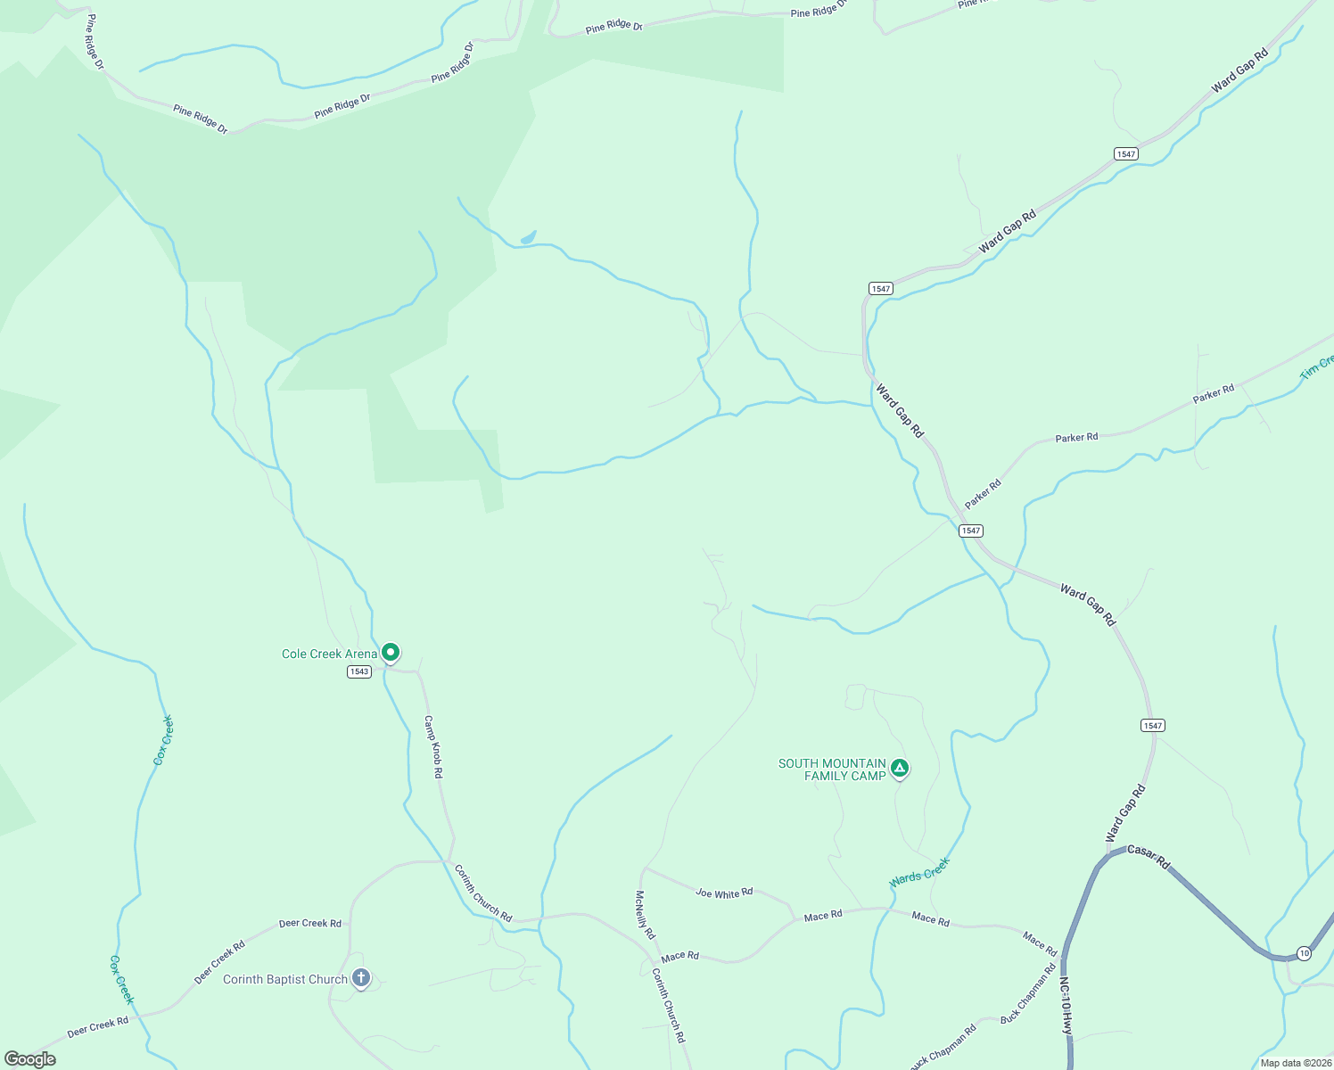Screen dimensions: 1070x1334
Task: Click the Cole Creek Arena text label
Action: pyautogui.click(x=329, y=654)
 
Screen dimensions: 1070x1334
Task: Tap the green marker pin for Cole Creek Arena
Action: pyautogui.click(x=391, y=653)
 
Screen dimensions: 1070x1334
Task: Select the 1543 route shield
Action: pyautogui.click(x=359, y=671)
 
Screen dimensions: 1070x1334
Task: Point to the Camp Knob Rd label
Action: pyautogui.click(x=432, y=746)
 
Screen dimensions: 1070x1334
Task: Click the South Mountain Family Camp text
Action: pyautogui.click(x=832, y=770)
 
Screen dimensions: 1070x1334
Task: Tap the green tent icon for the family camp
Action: pyautogui.click(x=900, y=767)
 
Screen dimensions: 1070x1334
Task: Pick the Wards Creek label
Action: pyautogui.click(x=919, y=872)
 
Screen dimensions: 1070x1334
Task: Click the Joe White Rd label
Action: pyautogui.click(x=724, y=893)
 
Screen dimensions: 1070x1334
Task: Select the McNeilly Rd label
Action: pyautogui.click(x=645, y=914)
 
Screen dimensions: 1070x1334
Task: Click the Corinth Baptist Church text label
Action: pyautogui.click(x=285, y=979)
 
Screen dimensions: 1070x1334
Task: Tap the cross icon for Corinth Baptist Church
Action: pyautogui.click(x=361, y=978)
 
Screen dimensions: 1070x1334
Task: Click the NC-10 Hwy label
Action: pyautogui.click(x=1066, y=1005)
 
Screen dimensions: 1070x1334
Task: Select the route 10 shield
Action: pyautogui.click(x=1305, y=953)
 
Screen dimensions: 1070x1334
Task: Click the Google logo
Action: pyautogui.click(x=29, y=1059)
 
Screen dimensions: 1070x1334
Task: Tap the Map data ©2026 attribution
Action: pyautogui.click(x=1294, y=1063)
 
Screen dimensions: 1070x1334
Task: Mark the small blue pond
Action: pyautogui.click(x=529, y=237)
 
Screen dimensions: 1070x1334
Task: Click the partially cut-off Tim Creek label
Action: pyautogui.click(x=1317, y=366)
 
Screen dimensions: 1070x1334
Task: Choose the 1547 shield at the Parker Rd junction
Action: pyautogui.click(x=971, y=531)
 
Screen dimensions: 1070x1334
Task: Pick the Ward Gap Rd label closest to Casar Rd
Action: pyautogui.click(x=1125, y=813)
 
